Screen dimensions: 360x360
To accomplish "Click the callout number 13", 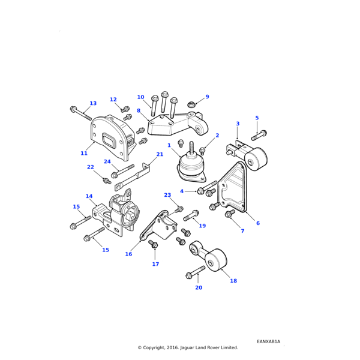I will [x=93, y=103].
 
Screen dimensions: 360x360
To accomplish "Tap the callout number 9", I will [x=207, y=97].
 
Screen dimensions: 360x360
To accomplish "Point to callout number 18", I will [x=233, y=281].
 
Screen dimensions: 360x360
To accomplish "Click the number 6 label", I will [x=258, y=223].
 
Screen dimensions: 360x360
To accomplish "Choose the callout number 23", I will [x=167, y=195].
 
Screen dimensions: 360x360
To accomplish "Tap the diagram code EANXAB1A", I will [x=268, y=341].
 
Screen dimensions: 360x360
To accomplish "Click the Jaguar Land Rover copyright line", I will [x=188, y=347].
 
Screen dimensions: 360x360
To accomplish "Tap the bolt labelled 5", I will [x=259, y=135].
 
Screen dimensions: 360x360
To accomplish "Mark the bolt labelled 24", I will [x=122, y=171].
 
